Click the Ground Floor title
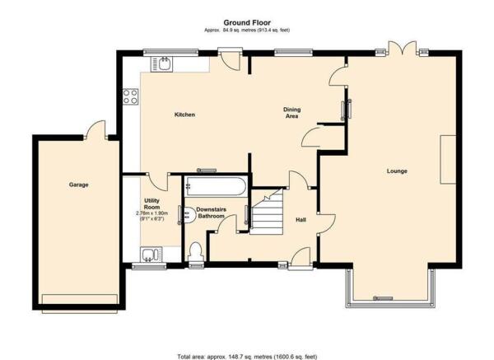[x=247, y=23]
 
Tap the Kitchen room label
[x=184, y=115]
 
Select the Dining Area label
[x=291, y=113]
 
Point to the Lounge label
[x=397, y=171]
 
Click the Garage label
[x=78, y=185]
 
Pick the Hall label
[x=301, y=220]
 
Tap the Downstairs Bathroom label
[x=211, y=213]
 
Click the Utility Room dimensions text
[x=151, y=216]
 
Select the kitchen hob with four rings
[x=130, y=96]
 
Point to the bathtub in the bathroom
[x=216, y=186]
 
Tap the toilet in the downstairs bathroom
[x=197, y=251]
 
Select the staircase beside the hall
[x=267, y=212]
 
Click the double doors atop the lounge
[x=403, y=48]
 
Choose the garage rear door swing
[x=96, y=129]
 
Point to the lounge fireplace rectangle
[x=448, y=159]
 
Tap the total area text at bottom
[x=247, y=357]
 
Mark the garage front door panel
[x=80, y=304]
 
